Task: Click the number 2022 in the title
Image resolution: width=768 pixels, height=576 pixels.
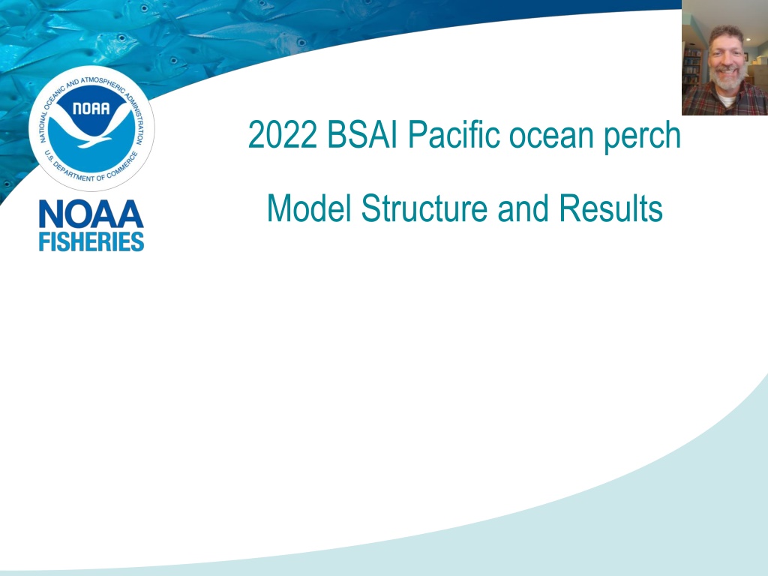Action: coord(282,135)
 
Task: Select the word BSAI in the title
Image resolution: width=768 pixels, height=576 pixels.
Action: coord(362,135)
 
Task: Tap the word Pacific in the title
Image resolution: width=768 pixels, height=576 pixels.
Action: coord(453,135)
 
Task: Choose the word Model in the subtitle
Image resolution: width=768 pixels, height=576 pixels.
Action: coord(310,208)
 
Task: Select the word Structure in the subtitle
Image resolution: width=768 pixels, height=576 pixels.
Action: coord(424,208)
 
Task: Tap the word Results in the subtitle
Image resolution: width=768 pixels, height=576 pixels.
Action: coord(610,208)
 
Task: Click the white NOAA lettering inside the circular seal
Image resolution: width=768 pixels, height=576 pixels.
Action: coord(91,108)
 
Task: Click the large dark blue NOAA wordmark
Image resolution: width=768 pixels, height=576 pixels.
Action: coord(91,214)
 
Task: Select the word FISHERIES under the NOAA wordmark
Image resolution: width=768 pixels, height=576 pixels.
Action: coord(91,242)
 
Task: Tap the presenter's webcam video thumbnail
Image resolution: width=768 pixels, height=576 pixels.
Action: coord(725,58)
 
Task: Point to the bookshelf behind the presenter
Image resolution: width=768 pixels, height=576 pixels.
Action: coord(691,66)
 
